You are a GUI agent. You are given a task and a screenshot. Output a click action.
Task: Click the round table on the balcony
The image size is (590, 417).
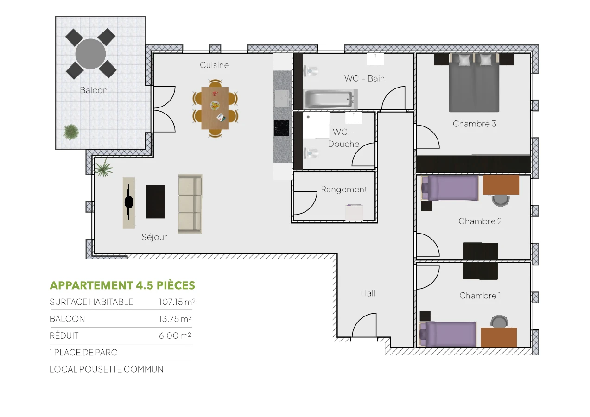pos(91,54)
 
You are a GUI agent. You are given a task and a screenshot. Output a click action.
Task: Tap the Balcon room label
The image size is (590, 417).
pos(94,90)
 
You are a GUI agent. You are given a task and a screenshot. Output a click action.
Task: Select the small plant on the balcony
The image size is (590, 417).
pos(71,132)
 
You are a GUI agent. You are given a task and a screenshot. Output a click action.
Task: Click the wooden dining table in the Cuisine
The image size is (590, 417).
pos(215,108)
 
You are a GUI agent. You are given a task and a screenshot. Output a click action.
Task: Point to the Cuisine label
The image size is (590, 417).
pos(214,65)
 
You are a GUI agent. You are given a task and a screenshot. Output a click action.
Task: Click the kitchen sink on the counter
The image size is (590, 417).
pos(281,98)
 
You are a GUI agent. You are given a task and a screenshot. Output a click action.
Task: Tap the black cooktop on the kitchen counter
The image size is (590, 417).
pos(281,127)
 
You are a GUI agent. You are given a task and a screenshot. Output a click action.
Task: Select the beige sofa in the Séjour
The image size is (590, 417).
pos(190,204)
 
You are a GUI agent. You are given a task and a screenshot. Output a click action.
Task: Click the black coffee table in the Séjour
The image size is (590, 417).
pos(155,202)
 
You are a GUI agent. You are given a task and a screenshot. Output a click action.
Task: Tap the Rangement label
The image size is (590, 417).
pos(344,190)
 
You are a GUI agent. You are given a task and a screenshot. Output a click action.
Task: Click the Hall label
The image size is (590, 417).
pos(368,293)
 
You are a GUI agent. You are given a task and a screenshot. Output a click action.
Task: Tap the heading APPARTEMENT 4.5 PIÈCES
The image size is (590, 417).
pos(122,285)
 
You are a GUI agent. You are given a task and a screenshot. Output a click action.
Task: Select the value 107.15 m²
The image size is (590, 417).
pos(177,302)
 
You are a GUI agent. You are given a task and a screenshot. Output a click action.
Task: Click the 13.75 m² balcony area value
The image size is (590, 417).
pos(175,319)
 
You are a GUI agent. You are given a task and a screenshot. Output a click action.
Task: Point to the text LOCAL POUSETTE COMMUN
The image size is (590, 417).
pos(107,369)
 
